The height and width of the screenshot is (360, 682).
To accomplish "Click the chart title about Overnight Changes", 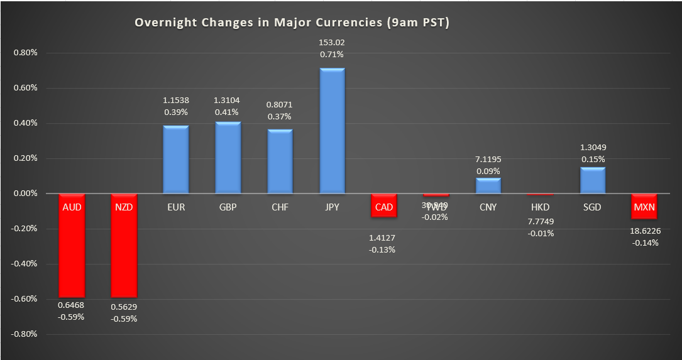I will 292,23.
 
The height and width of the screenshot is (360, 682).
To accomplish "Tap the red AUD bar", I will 72,251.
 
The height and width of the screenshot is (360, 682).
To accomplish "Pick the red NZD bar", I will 124,251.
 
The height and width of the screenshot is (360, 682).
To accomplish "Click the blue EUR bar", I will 176,160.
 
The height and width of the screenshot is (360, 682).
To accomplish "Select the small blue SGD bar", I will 593,180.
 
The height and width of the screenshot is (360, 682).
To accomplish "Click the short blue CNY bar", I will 488,186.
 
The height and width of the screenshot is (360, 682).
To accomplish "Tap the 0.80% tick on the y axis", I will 26,53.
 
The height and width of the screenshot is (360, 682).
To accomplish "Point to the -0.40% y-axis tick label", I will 25,264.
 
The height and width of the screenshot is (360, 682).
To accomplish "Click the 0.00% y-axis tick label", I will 26,194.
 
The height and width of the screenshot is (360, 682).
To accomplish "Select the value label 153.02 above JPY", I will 332,43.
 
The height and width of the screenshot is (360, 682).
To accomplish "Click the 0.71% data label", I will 332,54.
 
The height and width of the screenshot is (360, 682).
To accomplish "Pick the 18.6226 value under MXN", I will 644,231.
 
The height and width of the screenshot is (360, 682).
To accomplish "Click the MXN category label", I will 644,206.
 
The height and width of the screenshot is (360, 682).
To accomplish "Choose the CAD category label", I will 384,206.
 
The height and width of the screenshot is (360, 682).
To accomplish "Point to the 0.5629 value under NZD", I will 124,307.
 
